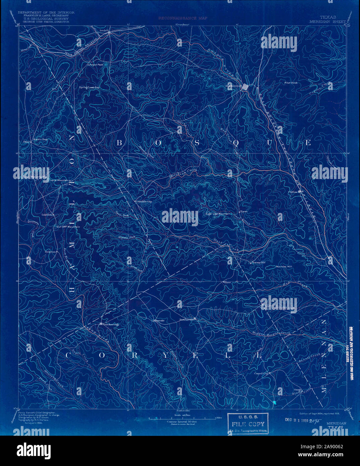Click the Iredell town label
[x=105, y=30]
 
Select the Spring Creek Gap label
[x=89, y=87]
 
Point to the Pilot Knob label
[x=291, y=82]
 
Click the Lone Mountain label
[x=59, y=180]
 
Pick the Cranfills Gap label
[x=144, y=201]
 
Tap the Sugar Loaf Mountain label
[x=217, y=214]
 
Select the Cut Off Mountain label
[x=68, y=227]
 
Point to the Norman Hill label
[x=284, y=267]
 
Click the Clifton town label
[x=293, y=192]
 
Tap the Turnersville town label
[x=187, y=319]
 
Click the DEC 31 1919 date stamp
[x=297, y=419]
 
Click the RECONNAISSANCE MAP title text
[x=183, y=18]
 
